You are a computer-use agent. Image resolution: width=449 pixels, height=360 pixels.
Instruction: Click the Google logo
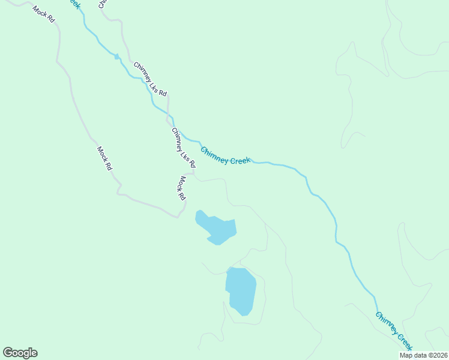pos(20,353)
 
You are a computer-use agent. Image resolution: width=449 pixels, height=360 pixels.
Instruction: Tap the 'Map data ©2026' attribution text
pos(423,355)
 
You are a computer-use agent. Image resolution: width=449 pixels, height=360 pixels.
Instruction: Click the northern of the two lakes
pos(217,227)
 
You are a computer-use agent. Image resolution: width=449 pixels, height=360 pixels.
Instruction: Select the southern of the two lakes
pos(241,290)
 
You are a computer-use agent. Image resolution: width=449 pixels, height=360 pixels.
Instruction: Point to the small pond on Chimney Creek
pos(117,56)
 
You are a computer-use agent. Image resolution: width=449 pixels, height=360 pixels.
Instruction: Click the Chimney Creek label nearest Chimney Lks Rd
pos(225,155)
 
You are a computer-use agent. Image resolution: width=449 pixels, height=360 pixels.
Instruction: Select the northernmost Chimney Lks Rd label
pos(150,79)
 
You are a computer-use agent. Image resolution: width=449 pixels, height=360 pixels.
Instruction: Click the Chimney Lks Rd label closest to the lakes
pos(183,148)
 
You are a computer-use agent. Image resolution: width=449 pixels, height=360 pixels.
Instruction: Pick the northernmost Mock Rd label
pos(44,14)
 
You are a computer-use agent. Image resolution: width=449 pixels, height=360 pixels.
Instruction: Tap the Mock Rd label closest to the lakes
pos(181,188)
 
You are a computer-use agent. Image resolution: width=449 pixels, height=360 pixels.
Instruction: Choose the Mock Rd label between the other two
pos(104,158)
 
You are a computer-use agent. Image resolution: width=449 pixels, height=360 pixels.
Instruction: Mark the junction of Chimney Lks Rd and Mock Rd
pos(193,173)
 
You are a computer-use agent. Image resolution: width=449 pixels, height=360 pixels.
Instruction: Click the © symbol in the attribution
pos(429,355)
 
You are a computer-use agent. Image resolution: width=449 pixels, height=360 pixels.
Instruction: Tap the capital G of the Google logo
pos(8,352)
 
